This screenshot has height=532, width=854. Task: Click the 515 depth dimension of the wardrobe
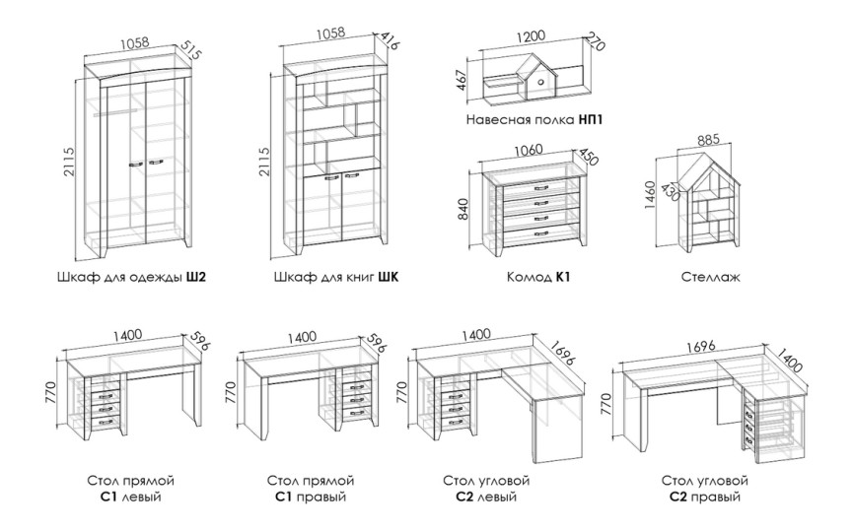[x=191, y=52]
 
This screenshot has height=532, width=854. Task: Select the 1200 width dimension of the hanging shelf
[x=530, y=36]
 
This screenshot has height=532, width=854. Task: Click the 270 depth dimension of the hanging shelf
[x=595, y=45]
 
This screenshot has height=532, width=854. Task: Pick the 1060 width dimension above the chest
[x=528, y=150]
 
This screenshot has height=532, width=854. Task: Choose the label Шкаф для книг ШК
[x=336, y=278]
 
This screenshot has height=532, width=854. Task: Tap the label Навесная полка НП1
[x=535, y=120]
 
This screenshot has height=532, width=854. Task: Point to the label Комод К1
[x=537, y=278]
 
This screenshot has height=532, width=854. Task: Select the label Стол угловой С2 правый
[x=705, y=489]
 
